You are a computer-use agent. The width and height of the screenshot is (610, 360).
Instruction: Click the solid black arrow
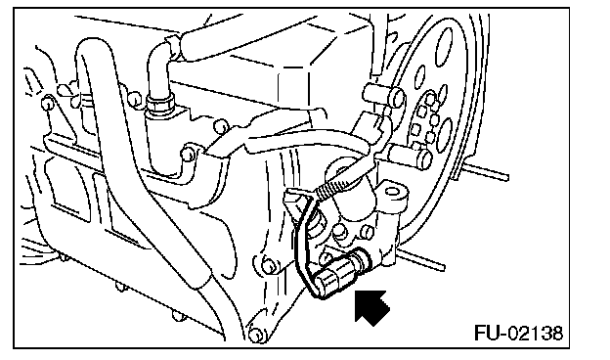click(x=371, y=307)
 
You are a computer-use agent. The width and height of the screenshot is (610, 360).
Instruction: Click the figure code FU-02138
click(x=518, y=334)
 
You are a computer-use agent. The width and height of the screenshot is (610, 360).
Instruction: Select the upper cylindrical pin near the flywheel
click(x=383, y=96)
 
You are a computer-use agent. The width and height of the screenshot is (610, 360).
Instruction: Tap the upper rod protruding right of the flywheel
click(x=486, y=171)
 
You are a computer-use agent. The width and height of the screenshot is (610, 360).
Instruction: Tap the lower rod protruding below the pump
click(x=421, y=260)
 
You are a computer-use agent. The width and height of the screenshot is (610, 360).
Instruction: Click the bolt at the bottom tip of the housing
click(x=255, y=335)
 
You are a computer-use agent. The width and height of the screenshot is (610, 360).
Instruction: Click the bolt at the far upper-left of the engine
click(x=47, y=103)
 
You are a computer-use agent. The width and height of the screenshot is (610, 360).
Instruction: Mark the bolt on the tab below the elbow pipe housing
click(x=188, y=154)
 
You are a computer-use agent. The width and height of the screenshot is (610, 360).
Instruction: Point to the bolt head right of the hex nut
click(x=221, y=126)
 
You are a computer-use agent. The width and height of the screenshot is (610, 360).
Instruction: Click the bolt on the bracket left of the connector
click(x=268, y=266)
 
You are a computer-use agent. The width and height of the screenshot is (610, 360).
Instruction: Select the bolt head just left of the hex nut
click(x=135, y=98)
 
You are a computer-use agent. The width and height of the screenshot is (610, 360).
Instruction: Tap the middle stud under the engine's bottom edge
click(x=121, y=287)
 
